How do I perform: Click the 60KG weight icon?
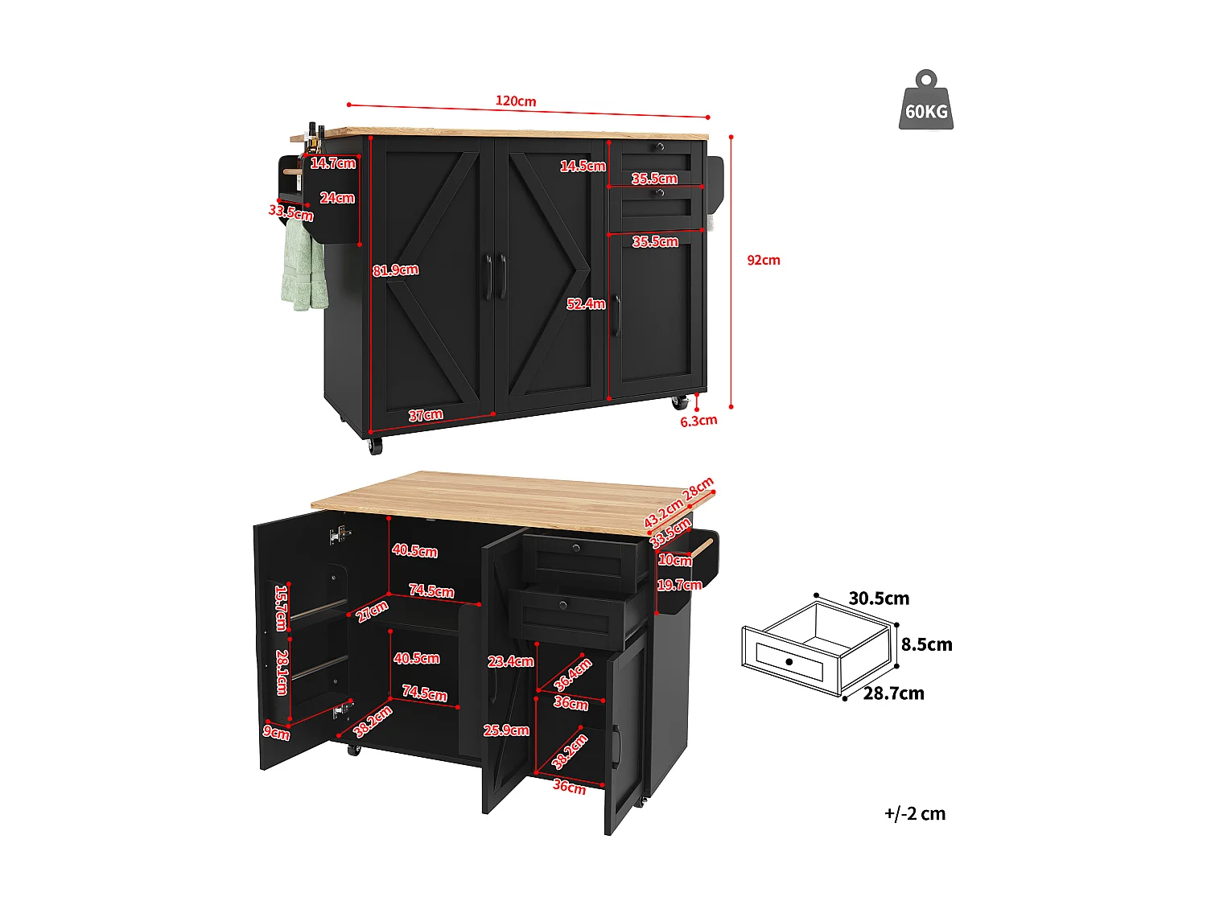point(926,101)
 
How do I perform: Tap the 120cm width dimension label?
point(516,101)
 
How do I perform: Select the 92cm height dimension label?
point(763,260)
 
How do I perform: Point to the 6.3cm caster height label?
point(698,421)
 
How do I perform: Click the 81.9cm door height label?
point(395,270)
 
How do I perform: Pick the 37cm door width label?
point(426,415)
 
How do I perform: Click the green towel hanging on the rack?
point(303,265)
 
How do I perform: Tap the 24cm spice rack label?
point(337,198)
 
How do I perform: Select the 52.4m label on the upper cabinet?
point(585,304)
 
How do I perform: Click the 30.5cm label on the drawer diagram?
point(879,599)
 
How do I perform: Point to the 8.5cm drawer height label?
point(926,644)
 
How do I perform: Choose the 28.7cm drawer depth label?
point(893,693)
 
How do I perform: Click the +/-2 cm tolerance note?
point(915,813)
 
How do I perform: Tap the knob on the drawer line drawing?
point(789,661)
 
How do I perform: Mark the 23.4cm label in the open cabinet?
point(510,661)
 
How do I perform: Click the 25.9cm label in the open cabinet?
point(506,730)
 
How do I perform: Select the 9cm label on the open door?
point(276,732)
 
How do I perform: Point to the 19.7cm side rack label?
point(679,585)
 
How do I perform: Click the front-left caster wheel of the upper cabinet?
point(375,445)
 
